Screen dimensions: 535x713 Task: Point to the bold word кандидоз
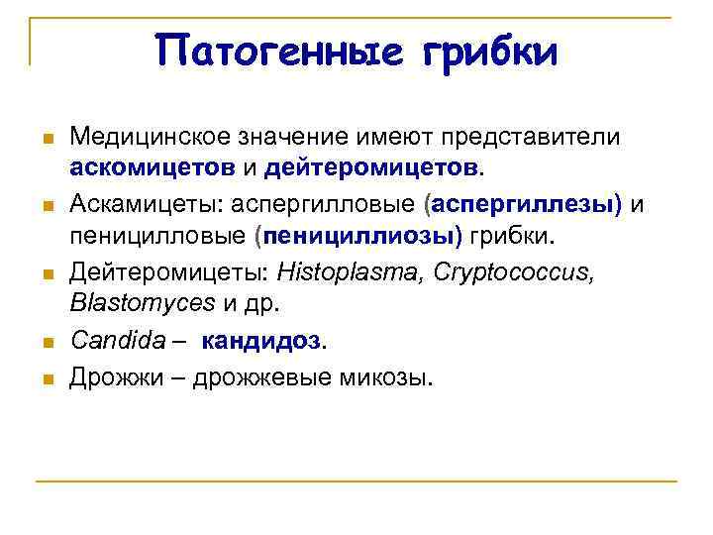pos(261,341)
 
